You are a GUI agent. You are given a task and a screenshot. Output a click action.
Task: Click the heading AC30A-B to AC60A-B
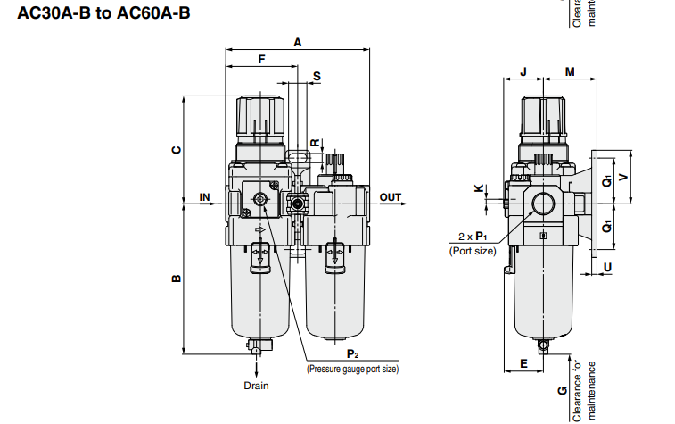tap(98, 13)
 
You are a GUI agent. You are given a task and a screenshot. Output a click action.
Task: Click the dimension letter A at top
tap(297, 42)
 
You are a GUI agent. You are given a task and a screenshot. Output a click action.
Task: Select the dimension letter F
tap(261, 59)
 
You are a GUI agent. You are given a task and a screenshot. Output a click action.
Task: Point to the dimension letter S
tap(316, 78)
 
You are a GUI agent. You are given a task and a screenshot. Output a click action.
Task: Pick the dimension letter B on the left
tap(177, 279)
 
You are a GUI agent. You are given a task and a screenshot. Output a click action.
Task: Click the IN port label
tap(204, 196)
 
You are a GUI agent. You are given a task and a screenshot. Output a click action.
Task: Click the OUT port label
tap(391, 196)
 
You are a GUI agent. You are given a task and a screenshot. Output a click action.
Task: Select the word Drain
tap(256, 386)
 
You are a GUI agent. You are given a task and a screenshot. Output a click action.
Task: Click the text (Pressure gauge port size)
tap(352, 369)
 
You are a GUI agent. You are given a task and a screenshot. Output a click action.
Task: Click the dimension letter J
tap(523, 71)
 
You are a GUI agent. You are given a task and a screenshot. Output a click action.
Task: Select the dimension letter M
tap(569, 71)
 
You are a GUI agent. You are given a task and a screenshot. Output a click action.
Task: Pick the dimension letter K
tap(479, 188)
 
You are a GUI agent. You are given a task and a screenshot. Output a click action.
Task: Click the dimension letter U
tap(607, 266)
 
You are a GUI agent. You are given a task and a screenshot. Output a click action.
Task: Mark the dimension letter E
tap(523, 363)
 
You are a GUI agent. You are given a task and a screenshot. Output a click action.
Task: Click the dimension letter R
tap(314, 143)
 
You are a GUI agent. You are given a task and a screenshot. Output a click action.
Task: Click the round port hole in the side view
tap(542, 204)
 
